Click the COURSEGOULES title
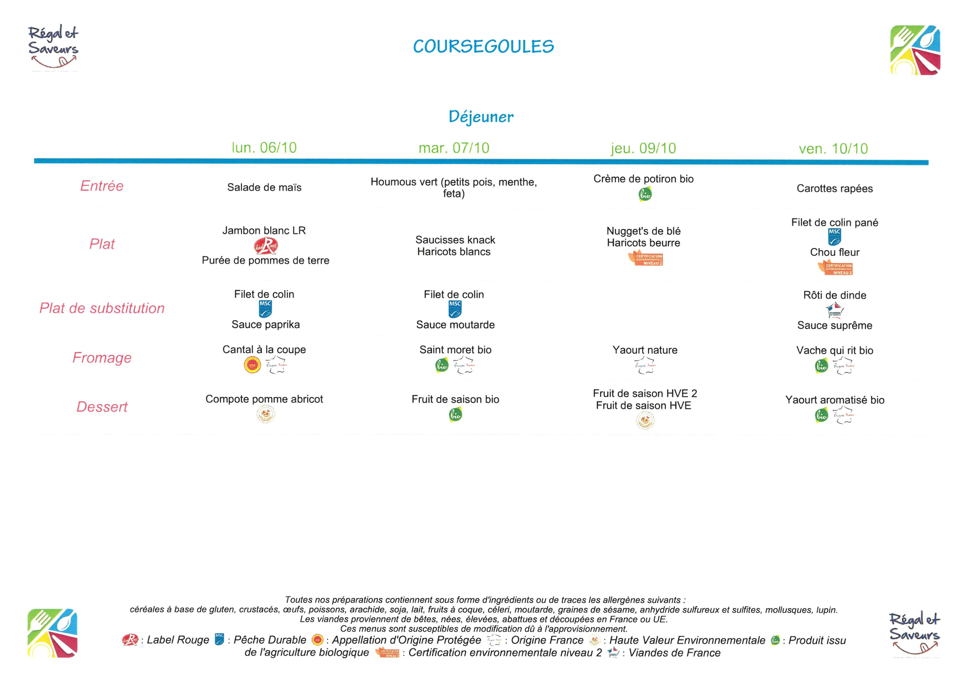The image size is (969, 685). click(x=483, y=47)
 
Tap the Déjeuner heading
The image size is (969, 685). click(x=481, y=117)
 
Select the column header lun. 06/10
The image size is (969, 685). click(x=264, y=147)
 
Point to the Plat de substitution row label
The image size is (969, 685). click(x=102, y=308)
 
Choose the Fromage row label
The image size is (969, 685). click(x=102, y=358)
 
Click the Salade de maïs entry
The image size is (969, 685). click(x=264, y=187)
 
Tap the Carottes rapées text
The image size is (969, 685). click(x=834, y=188)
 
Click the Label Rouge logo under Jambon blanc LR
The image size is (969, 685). click(x=266, y=246)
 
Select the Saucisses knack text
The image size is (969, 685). click(x=455, y=240)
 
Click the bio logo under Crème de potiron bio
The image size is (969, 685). click(x=645, y=194)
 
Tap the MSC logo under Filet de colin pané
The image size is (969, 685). click(x=834, y=237)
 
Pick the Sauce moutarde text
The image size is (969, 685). click(x=455, y=325)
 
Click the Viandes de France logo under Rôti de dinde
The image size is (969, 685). click(x=834, y=310)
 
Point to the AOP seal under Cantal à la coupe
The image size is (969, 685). click(x=252, y=365)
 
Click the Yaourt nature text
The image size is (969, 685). click(x=645, y=350)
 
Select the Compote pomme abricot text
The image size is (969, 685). click(x=264, y=399)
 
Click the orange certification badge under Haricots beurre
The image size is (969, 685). click(x=645, y=259)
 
